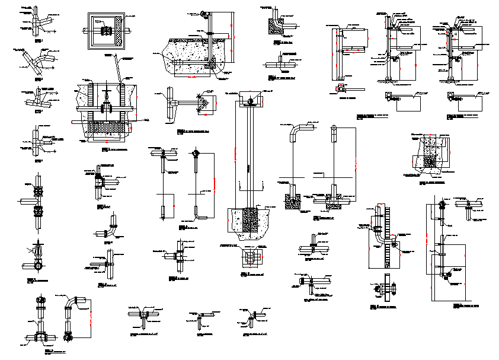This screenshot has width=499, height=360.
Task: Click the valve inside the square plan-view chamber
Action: click(107, 30)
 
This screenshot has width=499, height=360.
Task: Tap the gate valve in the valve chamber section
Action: click(106, 107)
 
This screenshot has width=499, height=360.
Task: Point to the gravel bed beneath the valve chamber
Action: click(106, 127)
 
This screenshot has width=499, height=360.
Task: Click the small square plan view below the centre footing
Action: click(251, 257)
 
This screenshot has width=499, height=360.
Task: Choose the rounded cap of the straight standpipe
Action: click(334, 129)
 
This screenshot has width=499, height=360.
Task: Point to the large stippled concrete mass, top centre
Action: click(193, 53)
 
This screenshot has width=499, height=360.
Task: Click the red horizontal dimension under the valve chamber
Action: click(105, 142)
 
